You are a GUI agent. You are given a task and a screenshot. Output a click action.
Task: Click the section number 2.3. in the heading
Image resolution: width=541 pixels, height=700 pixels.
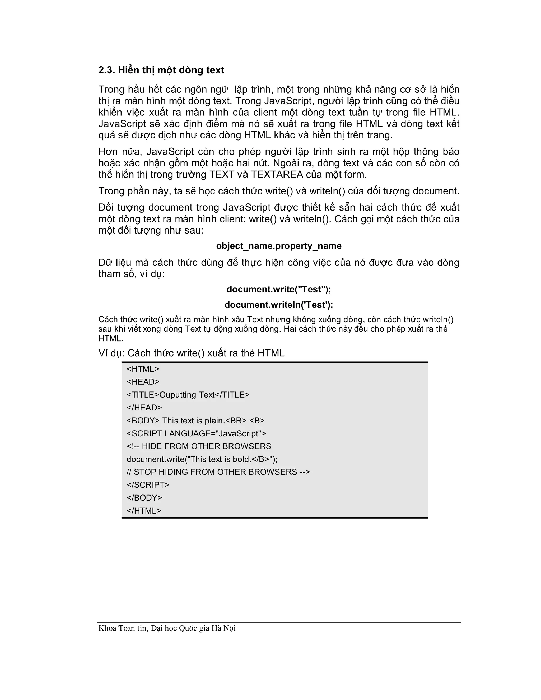[x=106, y=70]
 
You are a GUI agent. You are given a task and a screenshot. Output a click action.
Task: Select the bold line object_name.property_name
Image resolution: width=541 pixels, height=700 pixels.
[x=278, y=246]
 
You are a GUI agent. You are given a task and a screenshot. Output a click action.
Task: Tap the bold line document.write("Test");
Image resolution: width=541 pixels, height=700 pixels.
[x=278, y=290]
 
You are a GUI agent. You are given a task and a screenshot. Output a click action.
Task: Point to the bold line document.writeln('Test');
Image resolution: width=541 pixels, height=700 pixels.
[x=278, y=305]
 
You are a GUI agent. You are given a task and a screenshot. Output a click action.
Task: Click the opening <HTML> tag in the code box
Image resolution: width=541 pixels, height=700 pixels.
[x=143, y=369]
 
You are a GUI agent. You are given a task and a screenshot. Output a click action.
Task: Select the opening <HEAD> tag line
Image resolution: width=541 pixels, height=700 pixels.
[x=143, y=382]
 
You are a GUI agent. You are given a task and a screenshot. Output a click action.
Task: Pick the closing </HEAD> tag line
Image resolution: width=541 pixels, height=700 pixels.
[x=144, y=408]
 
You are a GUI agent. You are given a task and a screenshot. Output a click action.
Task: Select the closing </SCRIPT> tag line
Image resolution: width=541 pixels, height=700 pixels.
[x=148, y=485]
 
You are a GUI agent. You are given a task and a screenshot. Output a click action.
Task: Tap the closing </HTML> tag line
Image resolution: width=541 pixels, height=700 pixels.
[x=144, y=511]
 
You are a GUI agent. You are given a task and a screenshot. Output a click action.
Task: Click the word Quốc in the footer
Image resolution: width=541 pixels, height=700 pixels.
[x=188, y=628]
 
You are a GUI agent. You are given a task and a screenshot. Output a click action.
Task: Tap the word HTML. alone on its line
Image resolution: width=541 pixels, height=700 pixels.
[x=111, y=338]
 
